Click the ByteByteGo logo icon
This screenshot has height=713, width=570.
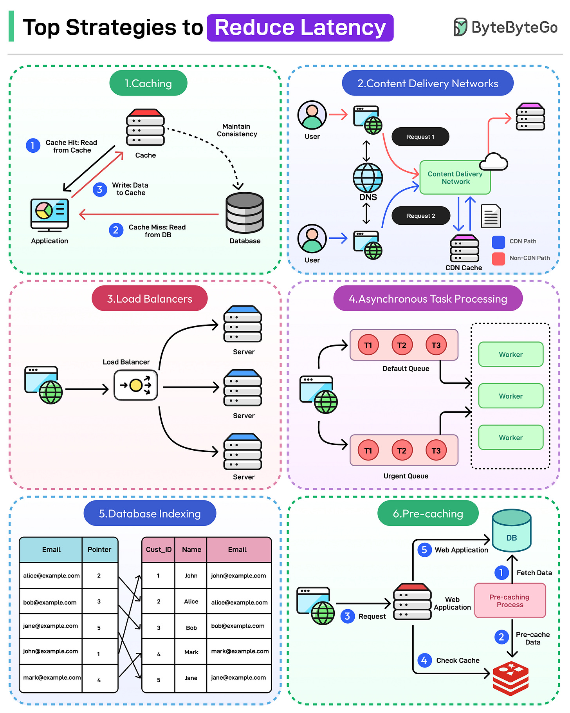point(460,27)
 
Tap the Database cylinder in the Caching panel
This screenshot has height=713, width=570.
point(245,213)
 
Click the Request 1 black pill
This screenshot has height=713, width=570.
point(420,137)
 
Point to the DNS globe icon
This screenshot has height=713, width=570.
point(368,178)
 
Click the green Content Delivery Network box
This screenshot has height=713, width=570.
point(455,178)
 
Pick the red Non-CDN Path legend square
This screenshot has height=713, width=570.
point(498,258)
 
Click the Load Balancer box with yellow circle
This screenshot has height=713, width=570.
point(135,385)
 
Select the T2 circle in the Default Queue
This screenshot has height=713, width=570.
point(402,345)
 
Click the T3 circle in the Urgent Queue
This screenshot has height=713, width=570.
point(436,450)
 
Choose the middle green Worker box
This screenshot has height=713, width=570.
point(510,396)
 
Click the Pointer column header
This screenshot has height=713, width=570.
point(99,549)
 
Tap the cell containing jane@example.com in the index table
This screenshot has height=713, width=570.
point(51,626)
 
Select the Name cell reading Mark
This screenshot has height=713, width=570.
point(191,652)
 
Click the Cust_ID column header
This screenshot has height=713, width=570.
point(159,549)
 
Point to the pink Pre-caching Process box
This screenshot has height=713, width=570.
point(510,601)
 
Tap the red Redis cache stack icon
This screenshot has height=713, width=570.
point(510,678)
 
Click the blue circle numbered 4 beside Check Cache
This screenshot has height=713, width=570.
point(424,660)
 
